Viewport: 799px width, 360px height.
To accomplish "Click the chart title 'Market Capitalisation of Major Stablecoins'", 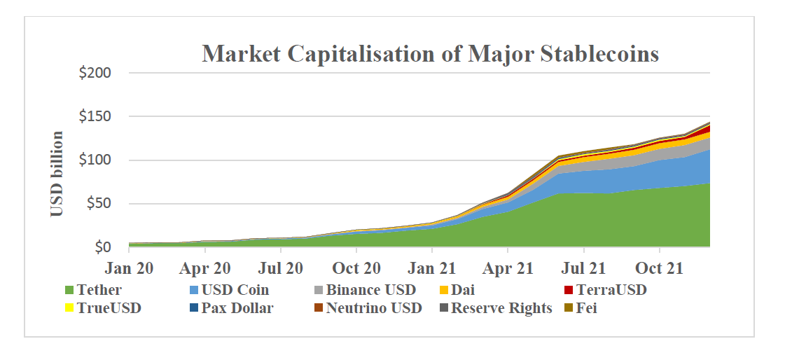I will (x=430, y=54).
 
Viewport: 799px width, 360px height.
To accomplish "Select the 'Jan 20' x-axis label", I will (x=129, y=268).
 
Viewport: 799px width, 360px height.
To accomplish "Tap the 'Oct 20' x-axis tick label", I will (x=356, y=268).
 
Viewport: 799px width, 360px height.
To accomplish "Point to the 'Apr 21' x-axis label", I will (x=508, y=268).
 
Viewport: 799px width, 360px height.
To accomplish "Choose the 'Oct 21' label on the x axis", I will (x=659, y=268).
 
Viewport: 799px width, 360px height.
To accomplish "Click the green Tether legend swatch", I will (x=69, y=290).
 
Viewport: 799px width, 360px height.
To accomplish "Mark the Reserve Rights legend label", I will (x=501, y=308).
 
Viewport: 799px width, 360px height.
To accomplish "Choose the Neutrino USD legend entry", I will (x=373, y=308).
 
